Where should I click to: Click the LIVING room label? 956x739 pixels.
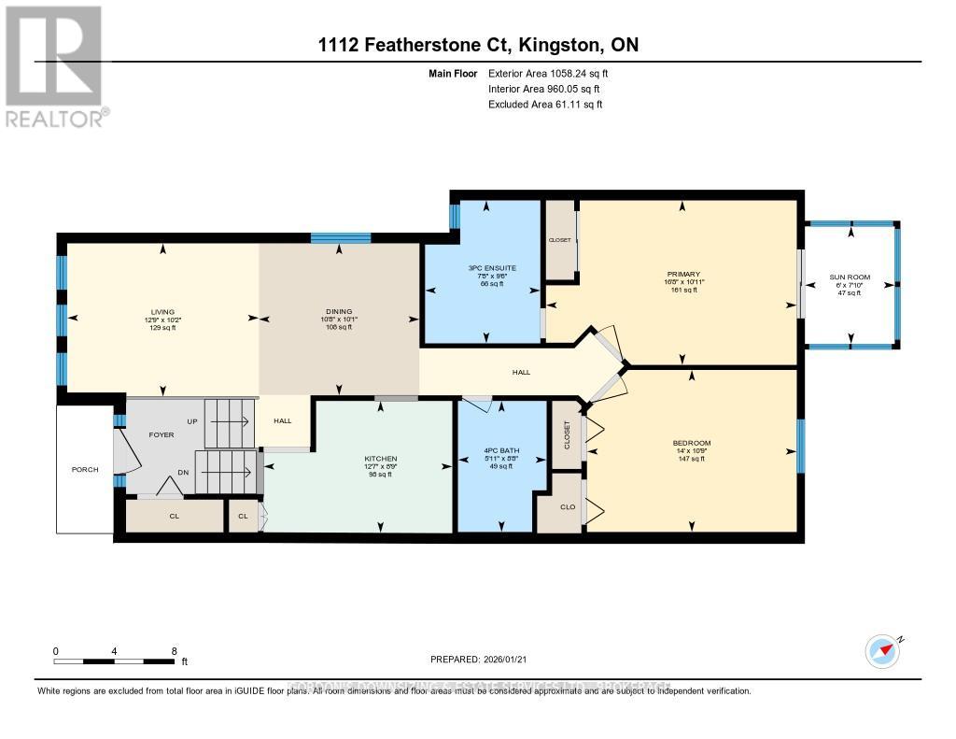[x=162, y=312]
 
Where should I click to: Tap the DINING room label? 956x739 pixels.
[x=338, y=312]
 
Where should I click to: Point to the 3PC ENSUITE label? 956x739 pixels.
[x=492, y=268]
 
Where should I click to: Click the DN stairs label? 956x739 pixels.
[x=184, y=473]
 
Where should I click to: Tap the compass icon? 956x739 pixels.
[x=882, y=650]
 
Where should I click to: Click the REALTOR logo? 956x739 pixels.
[x=55, y=65]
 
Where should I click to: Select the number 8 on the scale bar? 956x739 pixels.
[x=174, y=650]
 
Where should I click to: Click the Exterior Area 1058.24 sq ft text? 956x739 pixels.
[x=550, y=73]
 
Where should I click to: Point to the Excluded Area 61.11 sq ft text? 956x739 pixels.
[x=545, y=105]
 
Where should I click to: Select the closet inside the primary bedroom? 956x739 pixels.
[x=560, y=240]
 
